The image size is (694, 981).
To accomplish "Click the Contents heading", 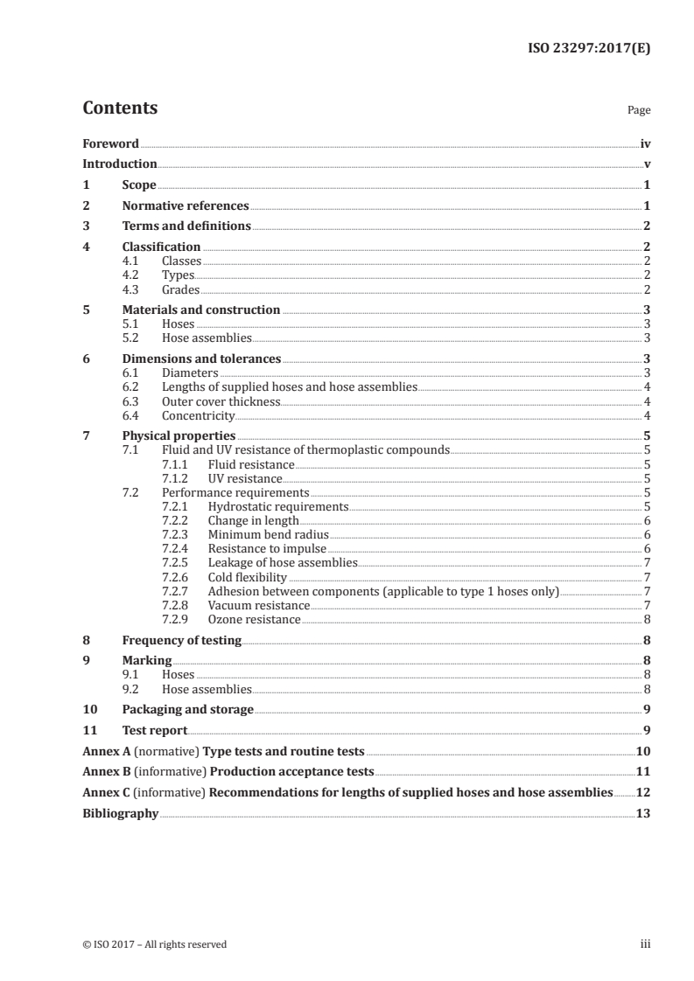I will pyautogui.click(x=120, y=108).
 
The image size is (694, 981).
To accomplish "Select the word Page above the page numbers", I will pyautogui.click(x=639, y=111).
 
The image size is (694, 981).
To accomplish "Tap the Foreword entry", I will pyautogui.click(x=110, y=143).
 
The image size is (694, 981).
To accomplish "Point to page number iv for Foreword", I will pyautogui.click(x=645, y=143).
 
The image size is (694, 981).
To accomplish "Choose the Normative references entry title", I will pyautogui.click(x=186, y=206).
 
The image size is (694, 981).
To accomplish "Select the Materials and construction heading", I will pyautogui.click(x=201, y=310).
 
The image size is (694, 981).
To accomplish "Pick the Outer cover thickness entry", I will pyautogui.click(x=221, y=401).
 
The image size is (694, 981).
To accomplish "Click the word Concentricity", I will pyautogui.click(x=199, y=415).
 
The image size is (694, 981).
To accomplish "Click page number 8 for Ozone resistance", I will pyautogui.click(x=647, y=620).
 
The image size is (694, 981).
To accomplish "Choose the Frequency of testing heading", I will pyautogui.click(x=182, y=640).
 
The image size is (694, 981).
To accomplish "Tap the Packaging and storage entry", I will pyautogui.click(x=188, y=709).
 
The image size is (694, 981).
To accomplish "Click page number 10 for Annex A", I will pyautogui.click(x=643, y=751).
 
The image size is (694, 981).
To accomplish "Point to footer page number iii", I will pyautogui.click(x=645, y=944).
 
